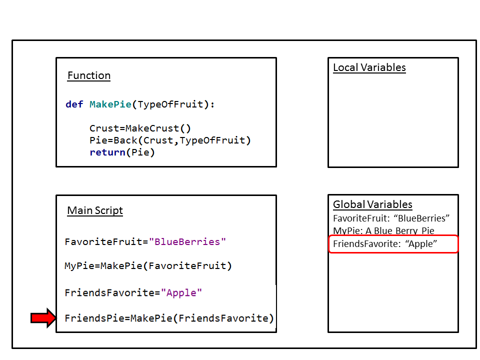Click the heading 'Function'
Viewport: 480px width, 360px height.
tap(89, 76)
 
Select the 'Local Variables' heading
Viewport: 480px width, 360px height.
tap(369, 68)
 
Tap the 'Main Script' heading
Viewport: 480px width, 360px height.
tap(95, 210)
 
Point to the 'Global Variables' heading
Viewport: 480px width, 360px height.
tap(372, 204)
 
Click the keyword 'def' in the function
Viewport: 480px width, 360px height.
tap(74, 104)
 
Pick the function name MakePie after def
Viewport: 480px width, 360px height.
tap(110, 104)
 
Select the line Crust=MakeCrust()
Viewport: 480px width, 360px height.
tap(140, 128)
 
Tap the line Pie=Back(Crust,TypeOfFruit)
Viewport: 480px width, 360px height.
tap(170, 140)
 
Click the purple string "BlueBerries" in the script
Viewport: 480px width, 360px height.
tap(187, 242)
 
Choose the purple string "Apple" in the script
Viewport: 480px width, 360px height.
tap(181, 293)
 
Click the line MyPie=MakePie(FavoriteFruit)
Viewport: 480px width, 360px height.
tap(148, 266)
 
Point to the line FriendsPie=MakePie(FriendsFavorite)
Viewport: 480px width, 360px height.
tap(169, 318)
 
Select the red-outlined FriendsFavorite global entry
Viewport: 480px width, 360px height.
tap(392, 244)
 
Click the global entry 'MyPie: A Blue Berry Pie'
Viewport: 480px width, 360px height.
tap(383, 231)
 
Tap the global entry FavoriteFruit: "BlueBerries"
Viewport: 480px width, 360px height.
tap(391, 218)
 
